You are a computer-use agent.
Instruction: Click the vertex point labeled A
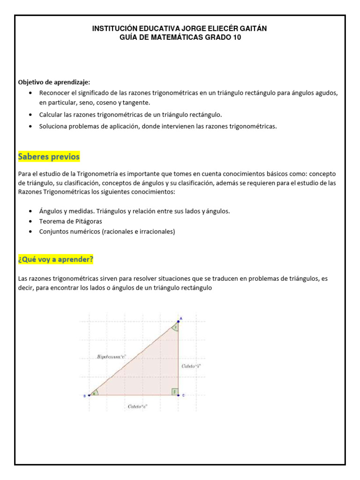179,322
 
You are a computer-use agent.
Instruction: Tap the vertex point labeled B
89,396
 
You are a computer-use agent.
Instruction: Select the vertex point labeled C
179,395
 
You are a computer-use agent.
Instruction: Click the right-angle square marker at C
175,391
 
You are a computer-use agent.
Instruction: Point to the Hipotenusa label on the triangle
112,357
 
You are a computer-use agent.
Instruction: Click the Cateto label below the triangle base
137,407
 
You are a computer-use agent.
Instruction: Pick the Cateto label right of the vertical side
191,365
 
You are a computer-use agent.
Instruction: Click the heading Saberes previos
49,156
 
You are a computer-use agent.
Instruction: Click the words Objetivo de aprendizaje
47,82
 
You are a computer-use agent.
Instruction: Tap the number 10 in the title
237,37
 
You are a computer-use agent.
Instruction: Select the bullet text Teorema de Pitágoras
70,221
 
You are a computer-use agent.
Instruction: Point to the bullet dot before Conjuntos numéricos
30,232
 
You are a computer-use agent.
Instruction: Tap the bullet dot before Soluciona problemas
30,126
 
